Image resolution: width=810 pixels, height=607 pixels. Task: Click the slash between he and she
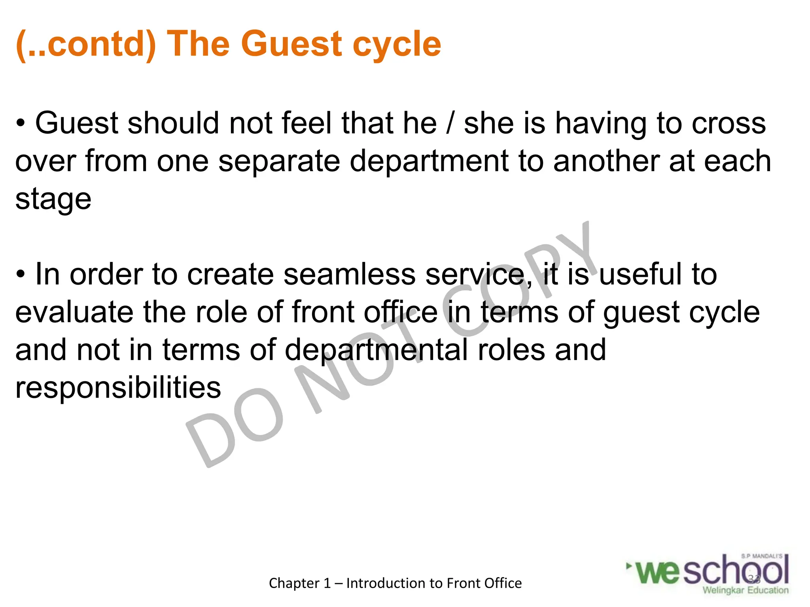[x=450, y=123]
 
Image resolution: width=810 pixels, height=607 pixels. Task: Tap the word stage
[x=53, y=200]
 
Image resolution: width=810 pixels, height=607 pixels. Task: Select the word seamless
[x=349, y=275]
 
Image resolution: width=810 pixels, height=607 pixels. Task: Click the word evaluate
[x=74, y=312]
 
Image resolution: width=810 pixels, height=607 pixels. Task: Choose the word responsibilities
[x=118, y=388]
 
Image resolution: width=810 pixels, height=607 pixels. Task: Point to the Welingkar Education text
[x=745, y=590]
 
